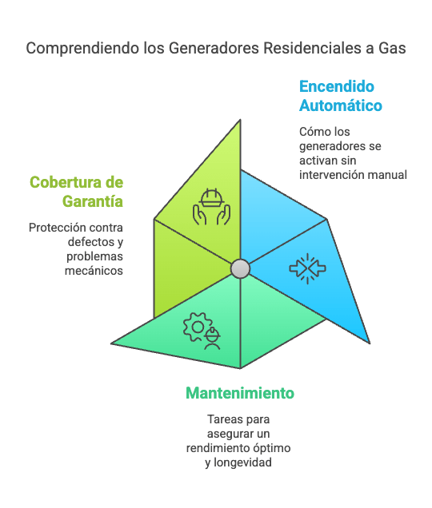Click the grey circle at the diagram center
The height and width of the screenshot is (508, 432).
coord(240,268)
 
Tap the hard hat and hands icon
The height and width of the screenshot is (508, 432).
coord(212,207)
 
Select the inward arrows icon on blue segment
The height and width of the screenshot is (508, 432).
coord(307,268)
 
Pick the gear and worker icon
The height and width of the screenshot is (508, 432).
coord(202,331)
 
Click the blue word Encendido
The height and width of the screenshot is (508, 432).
coord(337,86)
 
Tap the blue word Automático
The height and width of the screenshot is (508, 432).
coord(341,105)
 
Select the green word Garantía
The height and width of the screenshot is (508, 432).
coord(93,201)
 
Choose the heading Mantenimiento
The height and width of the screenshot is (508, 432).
coord(240,393)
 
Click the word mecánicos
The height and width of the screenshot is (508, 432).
coord(94,271)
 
